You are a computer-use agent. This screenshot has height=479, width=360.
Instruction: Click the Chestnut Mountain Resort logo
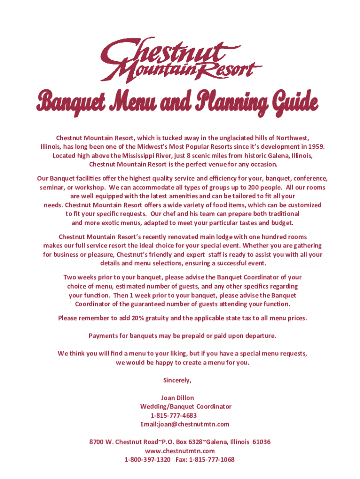[x=180, y=58]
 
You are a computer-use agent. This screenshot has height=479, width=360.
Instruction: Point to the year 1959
[x=315, y=146]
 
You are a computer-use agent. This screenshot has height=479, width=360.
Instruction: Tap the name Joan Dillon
[x=177, y=398]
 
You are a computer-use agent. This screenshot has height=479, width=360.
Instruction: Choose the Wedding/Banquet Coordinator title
[x=186, y=406]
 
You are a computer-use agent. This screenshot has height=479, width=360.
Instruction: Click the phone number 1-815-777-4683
[x=173, y=415]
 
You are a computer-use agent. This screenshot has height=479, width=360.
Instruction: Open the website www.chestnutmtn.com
[x=180, y=450]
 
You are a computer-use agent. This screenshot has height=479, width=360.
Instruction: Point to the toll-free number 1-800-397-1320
[x=147, y=459]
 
